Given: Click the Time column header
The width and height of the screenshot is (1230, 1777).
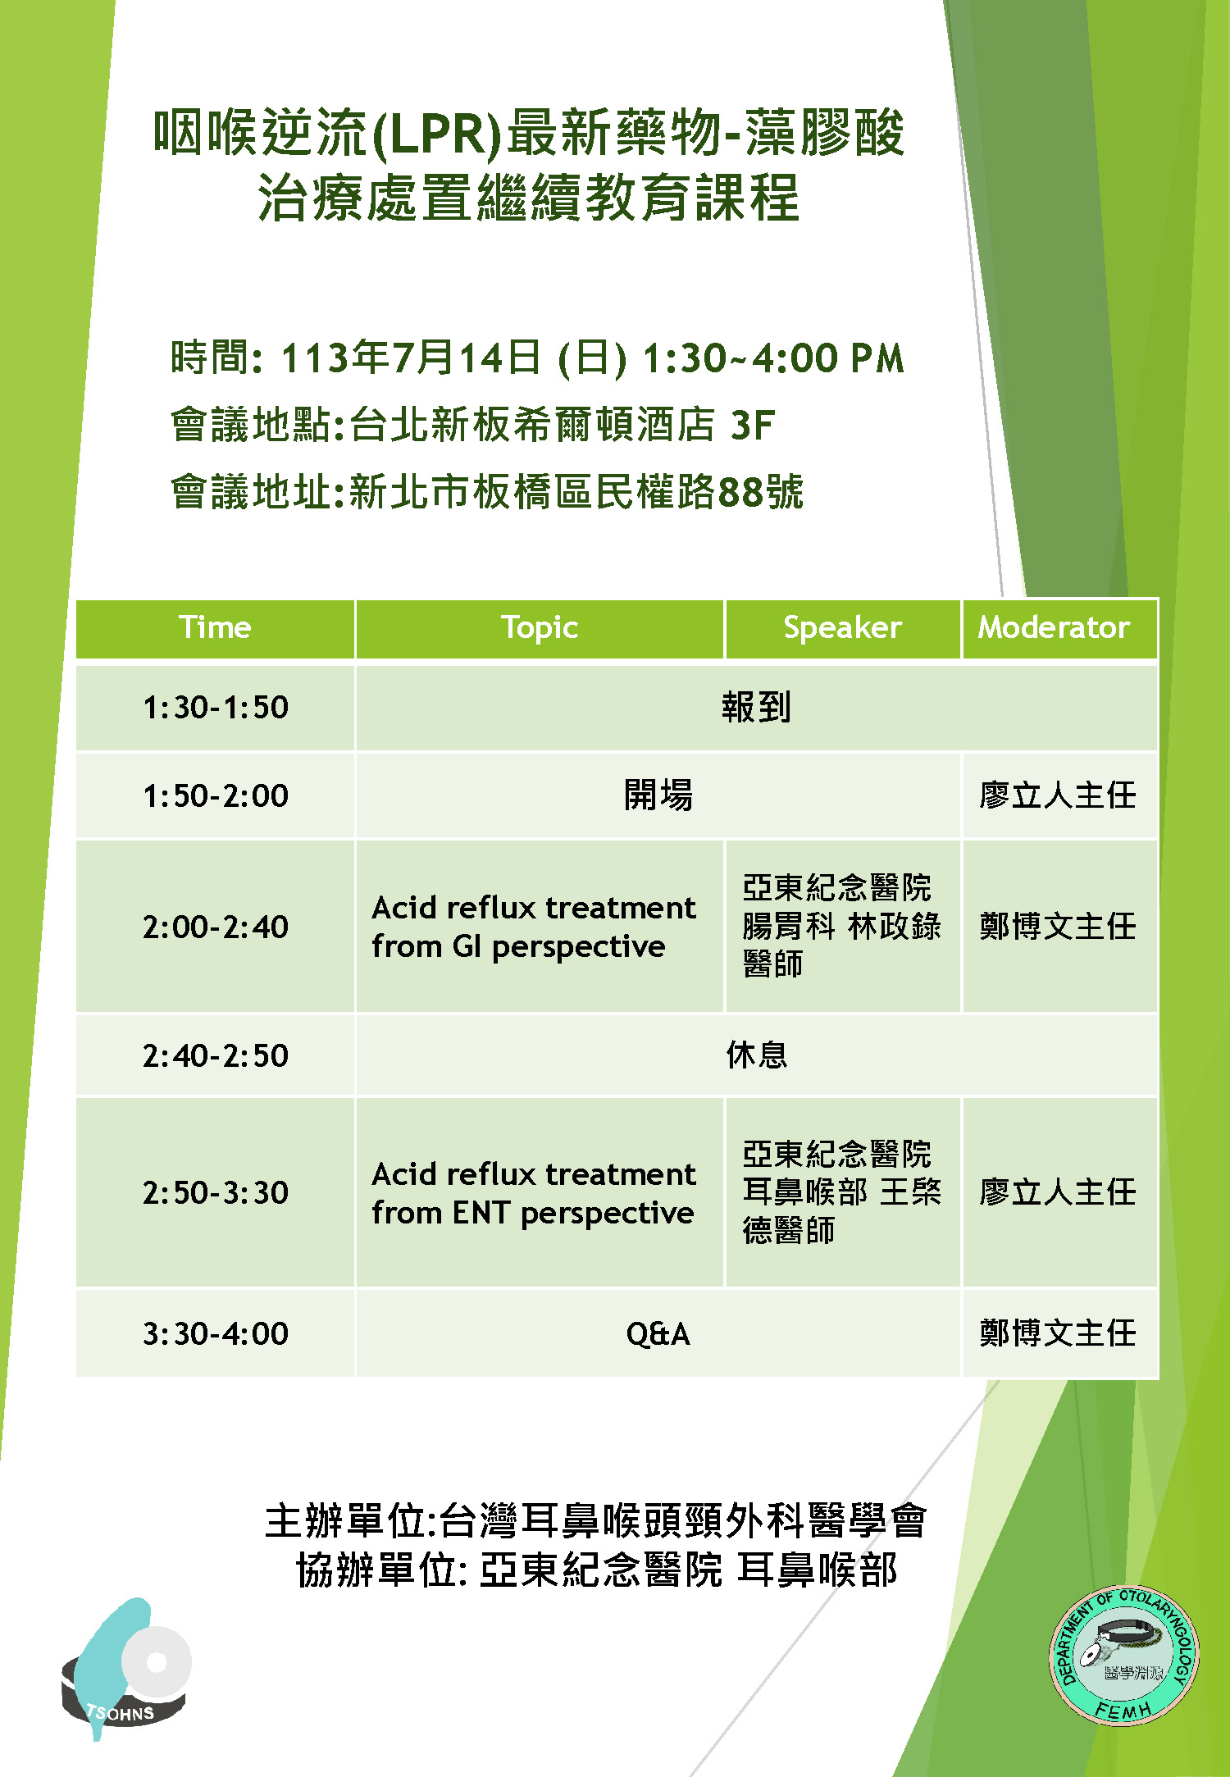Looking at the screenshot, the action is tap(215, 628).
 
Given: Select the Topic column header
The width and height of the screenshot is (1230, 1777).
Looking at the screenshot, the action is tap(540, 628).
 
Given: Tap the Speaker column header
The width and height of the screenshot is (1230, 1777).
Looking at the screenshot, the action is tap(842, 628).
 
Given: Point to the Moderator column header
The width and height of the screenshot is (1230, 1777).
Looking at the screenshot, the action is tap(1059, 628).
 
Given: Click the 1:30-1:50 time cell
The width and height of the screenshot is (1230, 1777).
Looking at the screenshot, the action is tap(215, 708).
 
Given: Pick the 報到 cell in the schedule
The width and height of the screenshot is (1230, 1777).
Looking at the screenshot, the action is tap(756, 708).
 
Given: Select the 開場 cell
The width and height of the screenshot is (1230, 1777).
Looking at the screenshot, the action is tap(658, 795).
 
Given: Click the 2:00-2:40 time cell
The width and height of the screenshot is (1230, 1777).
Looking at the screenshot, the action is tap(215, 927).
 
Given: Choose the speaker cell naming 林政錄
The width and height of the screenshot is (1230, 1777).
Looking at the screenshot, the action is tap(842, 927).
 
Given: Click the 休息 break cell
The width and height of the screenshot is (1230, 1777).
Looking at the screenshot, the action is tap(756, 1055).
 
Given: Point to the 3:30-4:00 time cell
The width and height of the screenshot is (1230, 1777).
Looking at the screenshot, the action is tap(215, 1333).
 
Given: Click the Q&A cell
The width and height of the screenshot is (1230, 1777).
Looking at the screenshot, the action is tap(658, 1333).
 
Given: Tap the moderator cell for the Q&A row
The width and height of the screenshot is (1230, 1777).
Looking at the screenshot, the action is tap(1059, 1333).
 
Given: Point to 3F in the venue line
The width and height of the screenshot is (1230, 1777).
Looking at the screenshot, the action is tap(752, 426).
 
